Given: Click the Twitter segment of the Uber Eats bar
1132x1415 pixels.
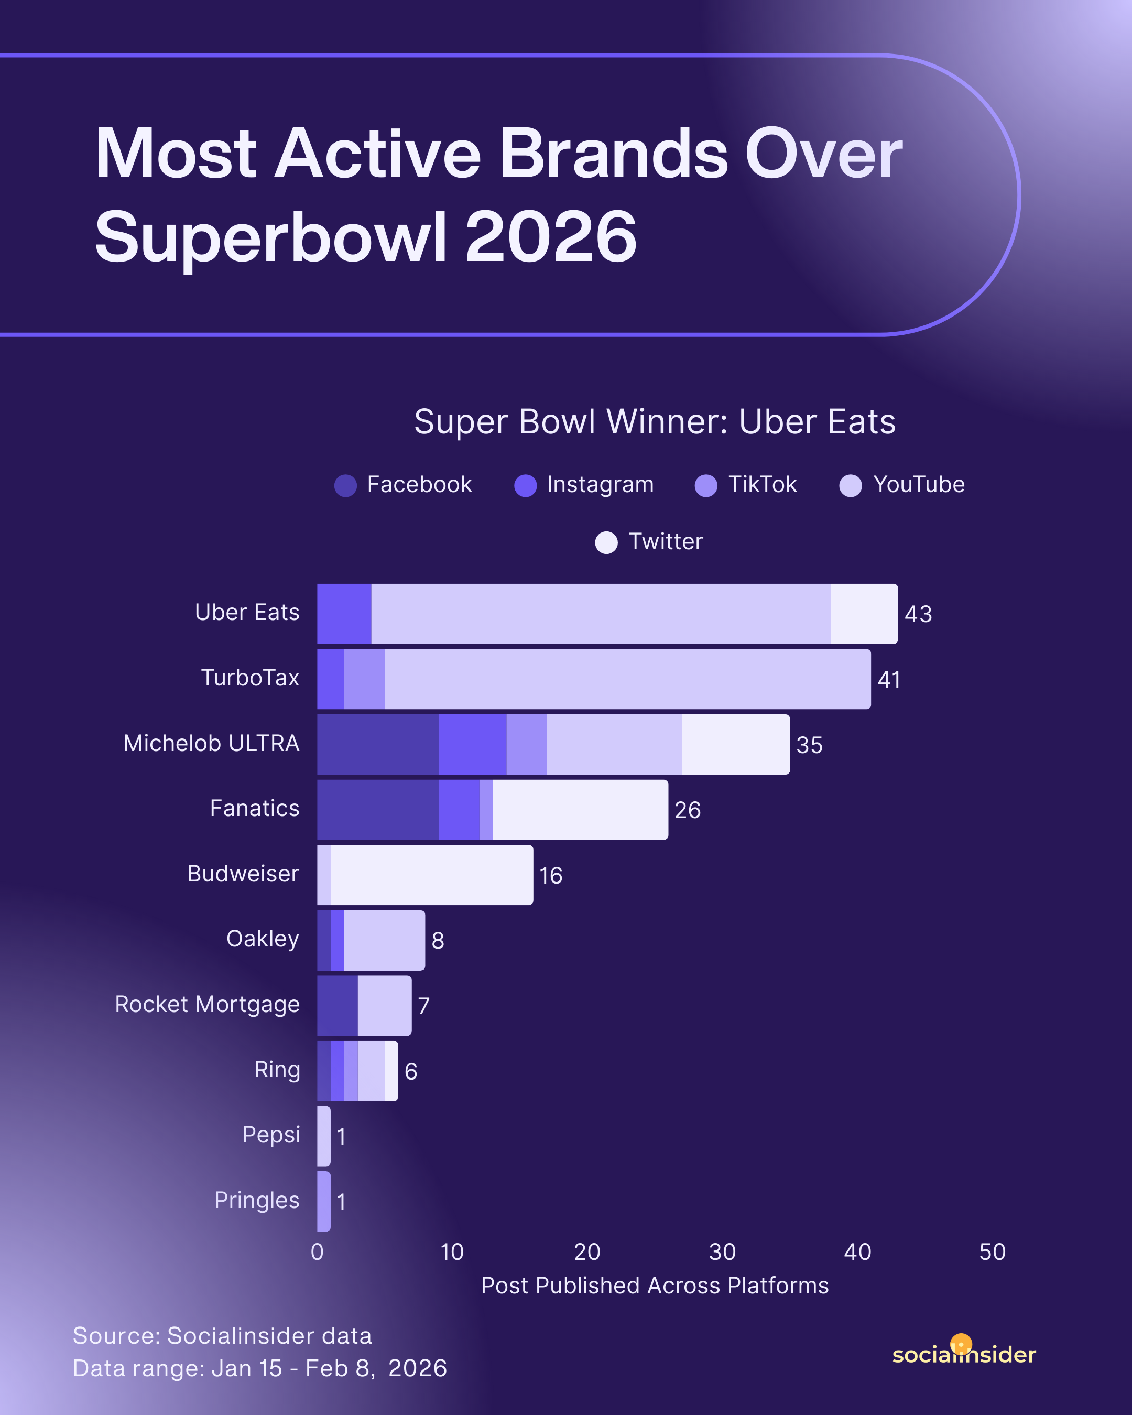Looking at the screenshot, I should (x=864, y=614).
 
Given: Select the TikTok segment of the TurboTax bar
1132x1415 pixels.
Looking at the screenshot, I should (x=364, y=679).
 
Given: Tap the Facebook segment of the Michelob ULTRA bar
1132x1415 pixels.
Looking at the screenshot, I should (x=378, y=744).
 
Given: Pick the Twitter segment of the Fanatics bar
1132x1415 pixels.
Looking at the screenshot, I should (x=580, y=809).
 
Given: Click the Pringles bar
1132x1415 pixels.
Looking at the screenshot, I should (x=323, y=1201).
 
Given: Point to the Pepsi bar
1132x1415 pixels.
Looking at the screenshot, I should (x=323, y=1136).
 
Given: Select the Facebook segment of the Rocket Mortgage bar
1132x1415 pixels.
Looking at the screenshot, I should (x=338, y=1006).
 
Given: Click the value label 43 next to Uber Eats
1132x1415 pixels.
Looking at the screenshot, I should (x=918, y=614).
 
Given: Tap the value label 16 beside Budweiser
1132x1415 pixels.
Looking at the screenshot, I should (x=551, y=876).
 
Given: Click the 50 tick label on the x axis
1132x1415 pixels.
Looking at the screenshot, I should (x=992, y=1252).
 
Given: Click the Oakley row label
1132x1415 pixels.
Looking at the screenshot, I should (x=263, y=939).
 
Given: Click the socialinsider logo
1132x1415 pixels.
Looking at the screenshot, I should (x=963, y=1353).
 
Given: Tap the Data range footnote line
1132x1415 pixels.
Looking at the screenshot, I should (x=260, y=1368).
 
